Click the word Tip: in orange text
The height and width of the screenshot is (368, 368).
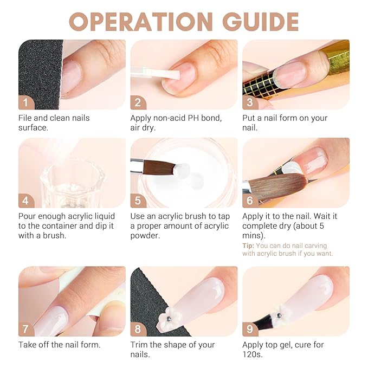point(248,246)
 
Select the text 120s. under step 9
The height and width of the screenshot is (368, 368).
point(252,354)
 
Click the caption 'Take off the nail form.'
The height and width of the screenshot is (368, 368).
point(60,345)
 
